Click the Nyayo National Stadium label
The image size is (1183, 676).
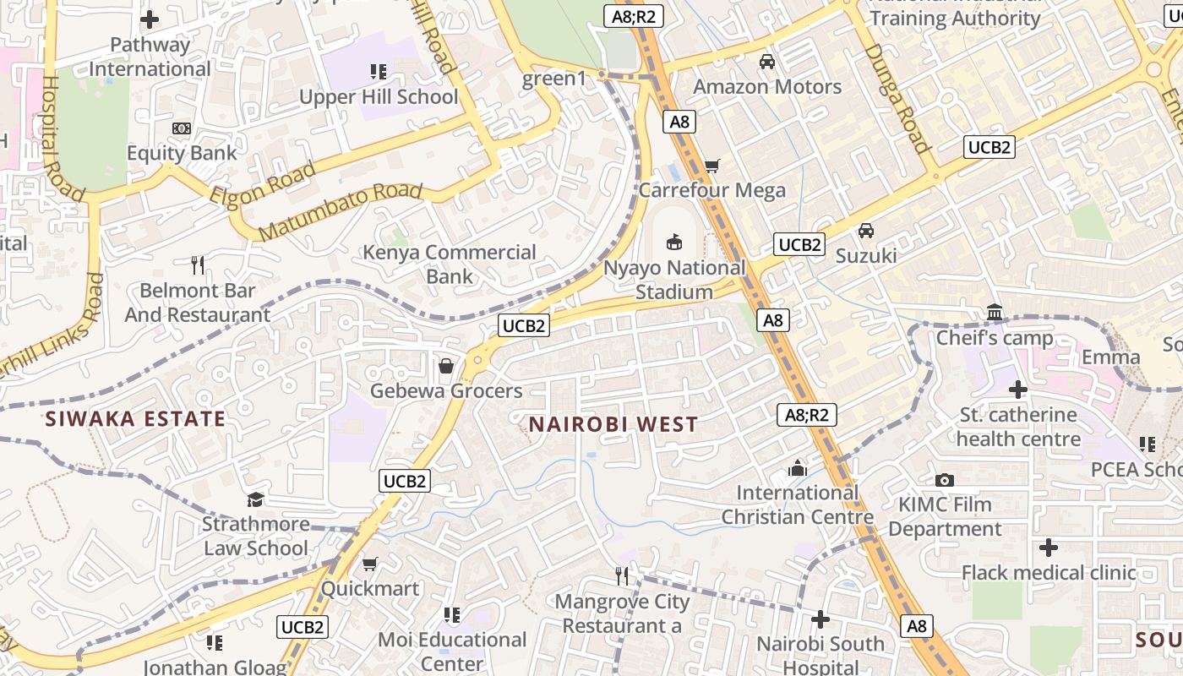click(674, 280)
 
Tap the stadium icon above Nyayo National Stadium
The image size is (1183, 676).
click(674, 243)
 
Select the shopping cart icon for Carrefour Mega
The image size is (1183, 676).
click(712, 166)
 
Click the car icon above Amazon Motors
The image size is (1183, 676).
click(767, 62)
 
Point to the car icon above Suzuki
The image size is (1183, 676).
click(866, 230)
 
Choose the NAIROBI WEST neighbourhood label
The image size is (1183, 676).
click(613, 424)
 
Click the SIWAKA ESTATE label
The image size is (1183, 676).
click(135, 418)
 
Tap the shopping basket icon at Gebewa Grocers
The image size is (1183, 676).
click(445, 366)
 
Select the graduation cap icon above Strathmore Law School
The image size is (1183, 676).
click(255, 499)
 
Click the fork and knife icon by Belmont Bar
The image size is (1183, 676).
click(198, 265)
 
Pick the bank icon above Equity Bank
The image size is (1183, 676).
click(181, 128)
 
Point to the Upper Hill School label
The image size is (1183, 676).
click(379, 96)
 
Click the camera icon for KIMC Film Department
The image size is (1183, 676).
click(945, 480)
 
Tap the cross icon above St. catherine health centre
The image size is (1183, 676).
click(1018, 390)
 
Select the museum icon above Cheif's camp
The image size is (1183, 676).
click(995, 313)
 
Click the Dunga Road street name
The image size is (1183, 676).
click(897, 98)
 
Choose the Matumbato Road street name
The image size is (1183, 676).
click(340, 210)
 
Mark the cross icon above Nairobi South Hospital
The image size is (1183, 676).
click(820, 619)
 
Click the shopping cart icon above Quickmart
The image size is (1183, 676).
click(369, 564)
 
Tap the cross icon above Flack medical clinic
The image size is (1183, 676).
click(1049, 548)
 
